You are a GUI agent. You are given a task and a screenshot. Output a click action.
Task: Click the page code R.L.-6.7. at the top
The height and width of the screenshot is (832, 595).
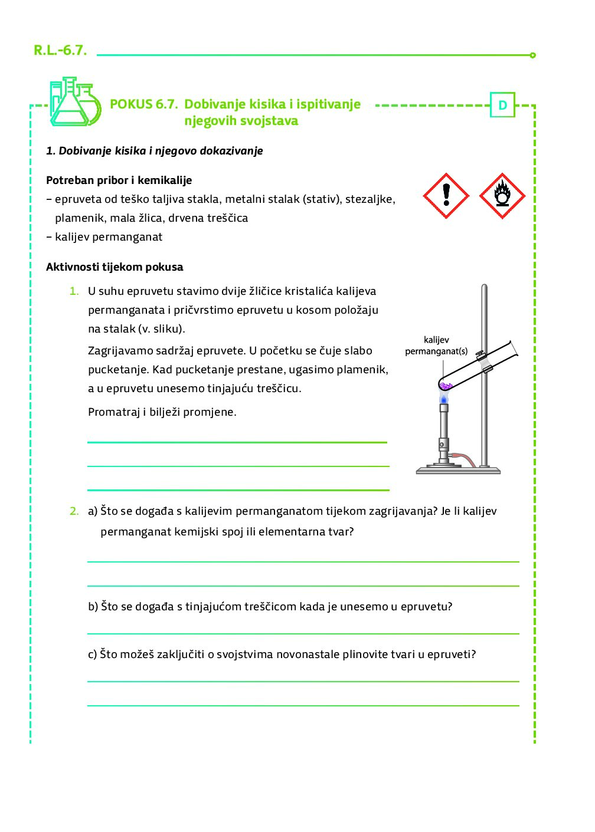(60, 50)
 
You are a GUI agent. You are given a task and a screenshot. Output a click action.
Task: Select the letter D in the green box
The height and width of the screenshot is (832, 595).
(502, 105)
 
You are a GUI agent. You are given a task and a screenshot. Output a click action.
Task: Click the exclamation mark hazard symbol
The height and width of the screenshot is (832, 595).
(446, 196)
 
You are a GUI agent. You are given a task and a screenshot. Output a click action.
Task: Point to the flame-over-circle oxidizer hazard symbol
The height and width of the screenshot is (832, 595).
(502, 196)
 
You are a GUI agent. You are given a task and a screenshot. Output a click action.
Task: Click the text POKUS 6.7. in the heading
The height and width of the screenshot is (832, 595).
(143, 104)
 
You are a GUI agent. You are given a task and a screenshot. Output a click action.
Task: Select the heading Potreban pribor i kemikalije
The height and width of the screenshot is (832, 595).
(119, 180)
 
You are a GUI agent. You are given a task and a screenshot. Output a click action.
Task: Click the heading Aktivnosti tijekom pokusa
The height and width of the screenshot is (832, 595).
(115, 267)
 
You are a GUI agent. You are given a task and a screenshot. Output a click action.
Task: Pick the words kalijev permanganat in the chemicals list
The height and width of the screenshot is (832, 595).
(109, 237)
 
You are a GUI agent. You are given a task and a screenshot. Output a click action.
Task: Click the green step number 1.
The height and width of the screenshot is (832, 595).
(74, 291)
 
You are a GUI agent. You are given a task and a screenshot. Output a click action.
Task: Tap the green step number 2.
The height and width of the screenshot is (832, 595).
(74, 511)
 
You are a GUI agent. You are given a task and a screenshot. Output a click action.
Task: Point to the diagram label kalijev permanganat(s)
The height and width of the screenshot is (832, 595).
(436, 346)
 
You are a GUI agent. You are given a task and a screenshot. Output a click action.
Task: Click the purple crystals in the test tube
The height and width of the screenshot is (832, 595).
(446, 386)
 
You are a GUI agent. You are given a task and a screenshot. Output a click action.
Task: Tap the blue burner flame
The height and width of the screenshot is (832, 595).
(444, 399)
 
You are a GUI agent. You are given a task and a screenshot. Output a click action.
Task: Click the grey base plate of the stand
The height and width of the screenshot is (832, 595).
(458, 471)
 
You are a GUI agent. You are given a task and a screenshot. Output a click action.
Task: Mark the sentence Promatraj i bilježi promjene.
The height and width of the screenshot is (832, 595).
(162, 412)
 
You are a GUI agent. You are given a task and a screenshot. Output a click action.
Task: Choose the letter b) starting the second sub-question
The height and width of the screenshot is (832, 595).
(93, 607)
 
